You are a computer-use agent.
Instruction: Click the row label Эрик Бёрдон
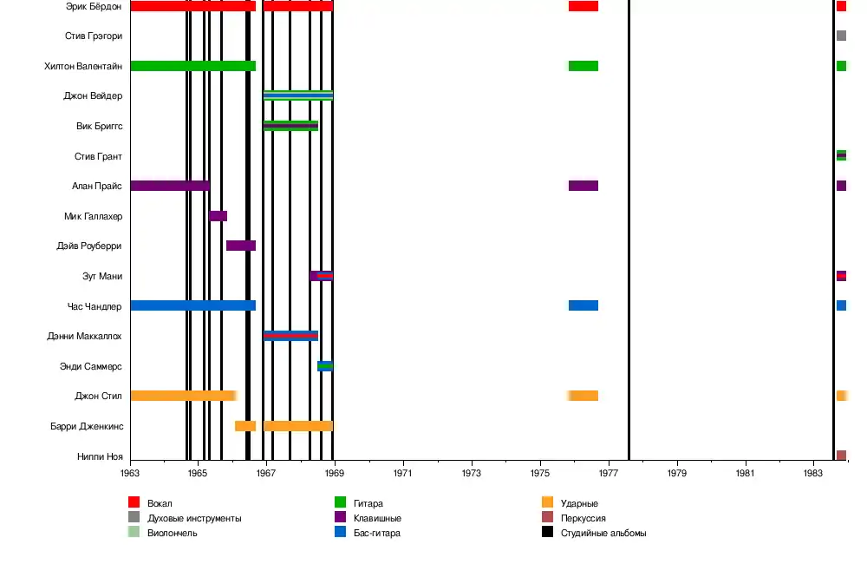93,6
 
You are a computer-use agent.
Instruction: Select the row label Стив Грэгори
93,36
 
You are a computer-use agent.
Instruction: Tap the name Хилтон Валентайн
83,66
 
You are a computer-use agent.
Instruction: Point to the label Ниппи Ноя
101,456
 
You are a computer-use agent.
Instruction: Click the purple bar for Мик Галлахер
218,216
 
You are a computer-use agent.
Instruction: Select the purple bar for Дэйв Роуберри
241,246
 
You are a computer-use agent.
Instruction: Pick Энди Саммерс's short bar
324,366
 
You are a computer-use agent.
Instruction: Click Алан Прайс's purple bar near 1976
583,186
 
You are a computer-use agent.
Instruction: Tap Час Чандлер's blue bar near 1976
583,305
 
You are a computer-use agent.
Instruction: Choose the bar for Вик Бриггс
290,126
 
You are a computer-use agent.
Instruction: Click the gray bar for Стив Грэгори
841,36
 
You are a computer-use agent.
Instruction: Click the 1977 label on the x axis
609,474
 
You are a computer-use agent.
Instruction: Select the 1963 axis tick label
130,474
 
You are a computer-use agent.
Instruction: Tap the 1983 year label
813,474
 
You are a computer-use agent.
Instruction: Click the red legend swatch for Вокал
134,502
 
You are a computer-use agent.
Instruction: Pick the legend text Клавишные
378,518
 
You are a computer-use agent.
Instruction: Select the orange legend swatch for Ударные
547,502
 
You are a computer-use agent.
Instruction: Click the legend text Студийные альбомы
603,533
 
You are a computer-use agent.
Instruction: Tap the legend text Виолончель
173,533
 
